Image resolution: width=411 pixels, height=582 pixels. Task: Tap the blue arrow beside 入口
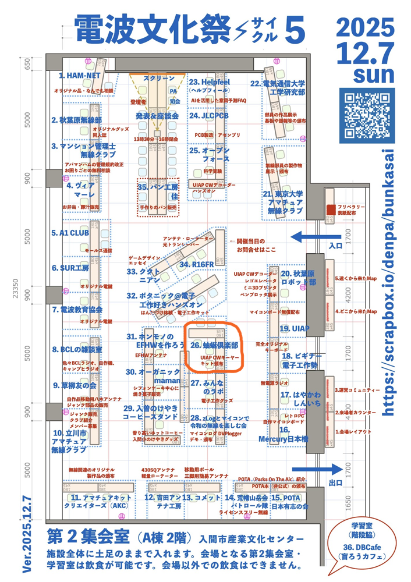[x=308, y=237]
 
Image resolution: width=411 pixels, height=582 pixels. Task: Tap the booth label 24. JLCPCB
[x=208, y=116]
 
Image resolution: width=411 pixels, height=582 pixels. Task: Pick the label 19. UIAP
[x=294, y=329]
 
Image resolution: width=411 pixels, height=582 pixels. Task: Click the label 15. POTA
[x=286, y=498]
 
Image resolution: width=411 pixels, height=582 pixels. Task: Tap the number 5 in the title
[x=295, y=30]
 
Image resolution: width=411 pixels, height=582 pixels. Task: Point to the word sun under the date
[x=373, y=75]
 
